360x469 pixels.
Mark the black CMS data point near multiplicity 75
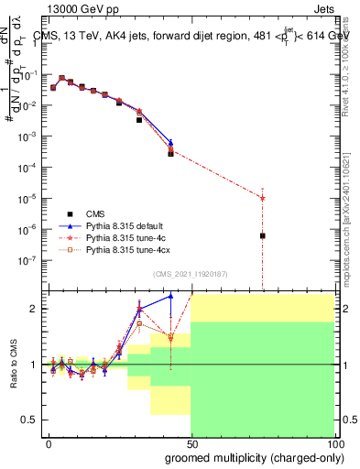pyautogui.click(x=263, y=235)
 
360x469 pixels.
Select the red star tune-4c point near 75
pyautogui.click(x=263, y=198)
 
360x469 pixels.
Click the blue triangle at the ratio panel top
pyautogui.click(x=170, y=296)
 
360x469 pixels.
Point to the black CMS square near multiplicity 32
pyautogui.click(x=139, y=120)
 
